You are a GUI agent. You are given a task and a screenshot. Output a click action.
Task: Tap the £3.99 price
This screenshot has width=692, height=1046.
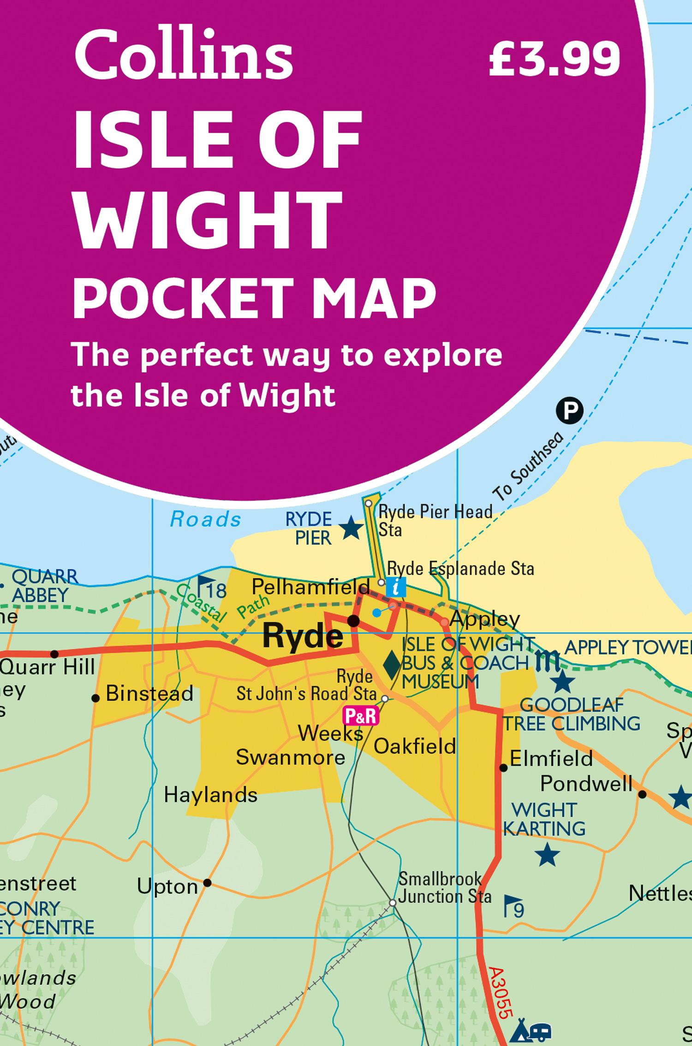pyautogui.click(x=554, y=59)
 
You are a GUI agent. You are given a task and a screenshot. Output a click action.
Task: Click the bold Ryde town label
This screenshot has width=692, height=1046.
pyautogui.click(x=303, y=636)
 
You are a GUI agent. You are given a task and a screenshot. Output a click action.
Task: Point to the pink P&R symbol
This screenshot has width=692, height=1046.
pyautogui.click(x=360, y=716)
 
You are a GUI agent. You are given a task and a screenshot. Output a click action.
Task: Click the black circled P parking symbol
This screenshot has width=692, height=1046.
pyautogui.click(x=569, y=410)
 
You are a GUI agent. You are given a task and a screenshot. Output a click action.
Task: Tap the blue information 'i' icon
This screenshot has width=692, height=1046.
pyautogui.click(x=396, y=587)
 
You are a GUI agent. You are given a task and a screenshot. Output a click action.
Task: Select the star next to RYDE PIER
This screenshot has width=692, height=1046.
pyautogui.click(x=351, y=528)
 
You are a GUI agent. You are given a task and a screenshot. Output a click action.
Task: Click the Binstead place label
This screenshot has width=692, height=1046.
pyautogui.click(x=149, y=694)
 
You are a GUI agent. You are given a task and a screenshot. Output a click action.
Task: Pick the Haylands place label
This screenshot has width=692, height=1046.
pyautogui.click(x=210, y=795)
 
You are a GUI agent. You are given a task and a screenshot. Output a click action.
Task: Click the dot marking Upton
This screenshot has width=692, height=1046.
pyautogui.click(x=208, y=883)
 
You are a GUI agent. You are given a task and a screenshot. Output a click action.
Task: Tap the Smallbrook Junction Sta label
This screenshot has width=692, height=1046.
pyautogui.click(x=444, y=888)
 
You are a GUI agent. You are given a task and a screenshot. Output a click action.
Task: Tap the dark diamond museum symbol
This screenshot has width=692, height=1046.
pyautogui.click(x=392, y=665)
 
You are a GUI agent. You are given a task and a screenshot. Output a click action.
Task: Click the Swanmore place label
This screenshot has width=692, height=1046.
pyautogui.click(x=290, y=757)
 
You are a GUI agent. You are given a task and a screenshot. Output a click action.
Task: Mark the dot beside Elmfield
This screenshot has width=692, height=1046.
pyautogui.click(x=504, y=768)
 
